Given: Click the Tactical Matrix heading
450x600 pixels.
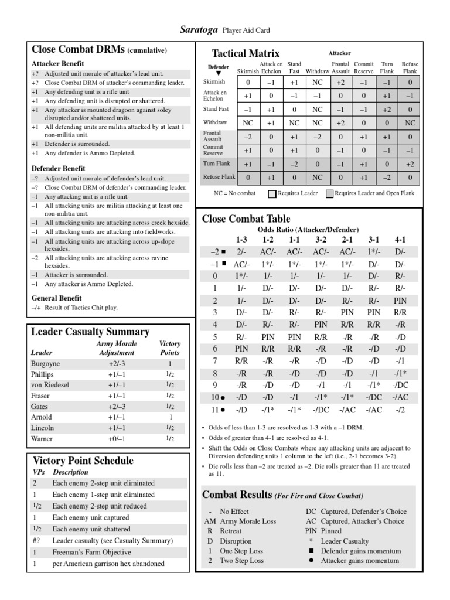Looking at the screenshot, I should (246, 53).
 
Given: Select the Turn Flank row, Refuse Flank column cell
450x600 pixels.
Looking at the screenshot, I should (410, 164).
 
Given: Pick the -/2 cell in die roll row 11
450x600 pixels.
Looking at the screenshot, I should (400, 410).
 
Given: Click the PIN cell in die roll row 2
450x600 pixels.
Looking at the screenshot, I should (400, 300).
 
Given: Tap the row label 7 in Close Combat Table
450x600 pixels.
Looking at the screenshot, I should (215, 360).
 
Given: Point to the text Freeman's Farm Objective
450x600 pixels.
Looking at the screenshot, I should (91, 552).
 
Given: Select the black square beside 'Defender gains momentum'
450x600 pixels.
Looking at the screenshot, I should (311, 551).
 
